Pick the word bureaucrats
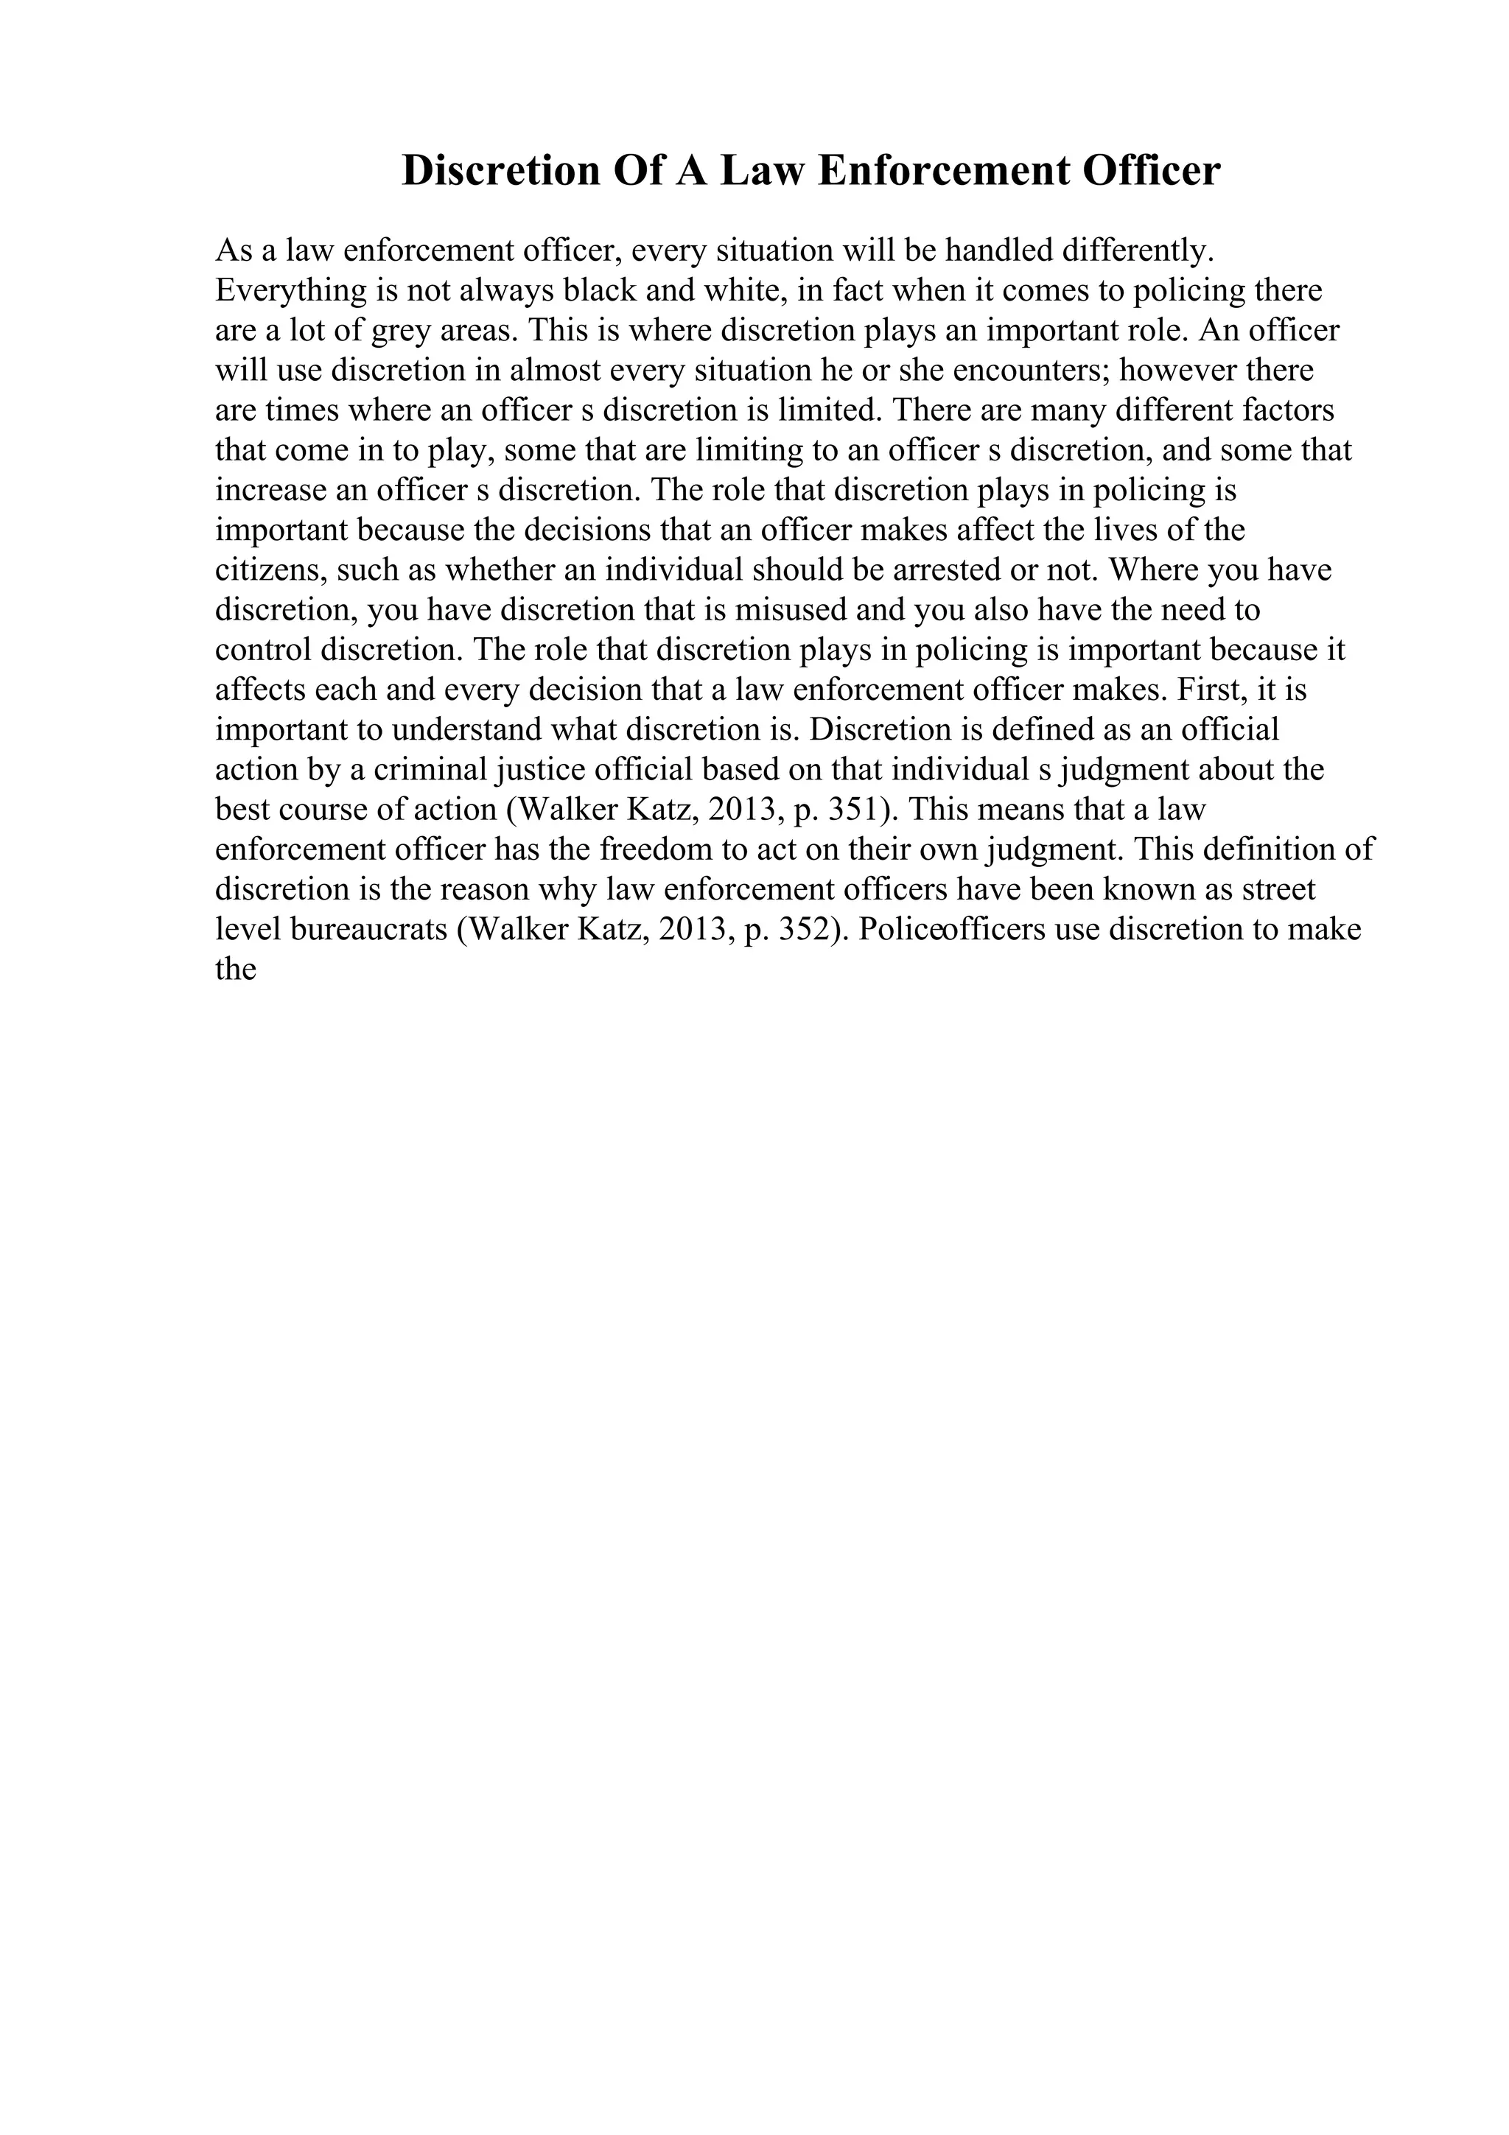coord(369,930)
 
